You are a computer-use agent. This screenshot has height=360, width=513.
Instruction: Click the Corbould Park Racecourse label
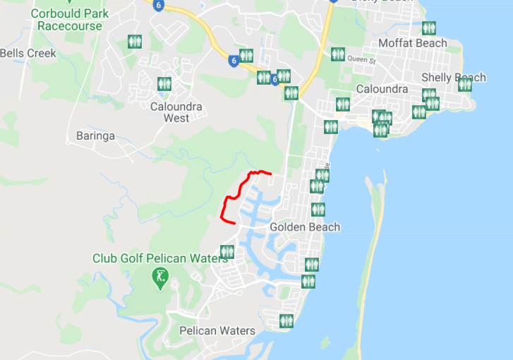(x=69, y=20)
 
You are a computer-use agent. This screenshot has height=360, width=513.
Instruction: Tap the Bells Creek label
(x=28, y=53)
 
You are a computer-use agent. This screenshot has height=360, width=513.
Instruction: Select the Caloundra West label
(x=176, y=112)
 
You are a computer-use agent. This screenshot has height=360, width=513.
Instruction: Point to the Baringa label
(x=95, y=136)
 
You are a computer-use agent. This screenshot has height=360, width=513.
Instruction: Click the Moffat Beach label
(x=413, y=43)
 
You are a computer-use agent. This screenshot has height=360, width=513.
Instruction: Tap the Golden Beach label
(x=305, y=227)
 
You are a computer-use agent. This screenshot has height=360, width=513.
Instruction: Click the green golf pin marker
(x=161, y=277)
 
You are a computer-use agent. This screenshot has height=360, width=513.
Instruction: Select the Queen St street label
(x=364, y=61)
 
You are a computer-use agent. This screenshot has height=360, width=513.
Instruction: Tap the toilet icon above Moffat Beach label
(x=429, y=28)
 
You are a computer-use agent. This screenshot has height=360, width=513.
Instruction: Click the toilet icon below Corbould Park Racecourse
(x=135, y=42)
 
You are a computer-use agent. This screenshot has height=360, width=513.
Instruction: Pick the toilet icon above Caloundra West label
(x=164, y=83)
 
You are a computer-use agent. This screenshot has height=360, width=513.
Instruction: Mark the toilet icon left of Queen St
(x=338, y=54)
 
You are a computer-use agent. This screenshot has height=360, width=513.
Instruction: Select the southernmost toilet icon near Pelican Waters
(x=286, y=320)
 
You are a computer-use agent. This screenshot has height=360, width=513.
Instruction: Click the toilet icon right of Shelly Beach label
(x=464, y=85)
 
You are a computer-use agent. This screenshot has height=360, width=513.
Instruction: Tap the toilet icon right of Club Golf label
(x=227, y=251)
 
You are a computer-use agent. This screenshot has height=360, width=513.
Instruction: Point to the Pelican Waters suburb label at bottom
(x=217, y=330)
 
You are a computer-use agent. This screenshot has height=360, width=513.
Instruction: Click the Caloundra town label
(x=382, y=89)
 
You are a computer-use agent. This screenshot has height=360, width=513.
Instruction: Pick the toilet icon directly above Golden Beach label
(x=318, y=210)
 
